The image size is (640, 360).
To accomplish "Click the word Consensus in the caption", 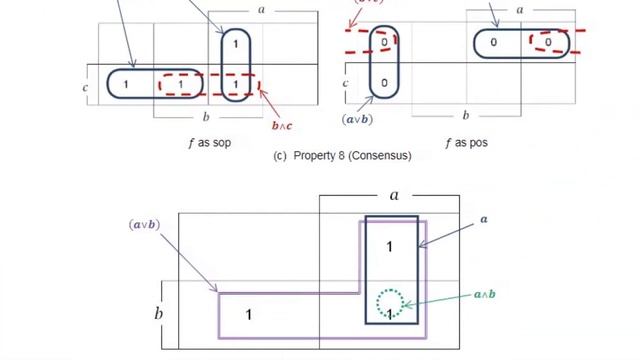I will click(x=381, y=156).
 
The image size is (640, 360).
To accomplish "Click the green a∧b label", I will click(x=484, y=295).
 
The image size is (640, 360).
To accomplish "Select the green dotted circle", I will click(x=390, y=303).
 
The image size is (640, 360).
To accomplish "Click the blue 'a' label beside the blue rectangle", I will click(x=484, y=219).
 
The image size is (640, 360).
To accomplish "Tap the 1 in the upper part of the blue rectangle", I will click(x=390, y=246).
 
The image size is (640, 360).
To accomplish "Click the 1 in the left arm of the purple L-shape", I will click(x=249, y=316).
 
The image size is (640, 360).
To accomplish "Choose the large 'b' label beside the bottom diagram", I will click(x=158, y=314).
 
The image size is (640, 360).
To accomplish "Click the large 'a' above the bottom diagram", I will click(x=394, y=195).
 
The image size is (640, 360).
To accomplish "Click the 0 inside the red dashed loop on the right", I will click(x=548, y=43).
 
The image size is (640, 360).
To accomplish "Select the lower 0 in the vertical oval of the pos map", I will click(x=384, y=83).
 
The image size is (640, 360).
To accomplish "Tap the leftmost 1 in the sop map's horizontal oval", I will click(x=126, y=85).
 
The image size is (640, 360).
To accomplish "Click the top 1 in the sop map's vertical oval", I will click(x=236, y=44).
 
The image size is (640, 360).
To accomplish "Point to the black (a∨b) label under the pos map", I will click(x=357, y=120).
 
